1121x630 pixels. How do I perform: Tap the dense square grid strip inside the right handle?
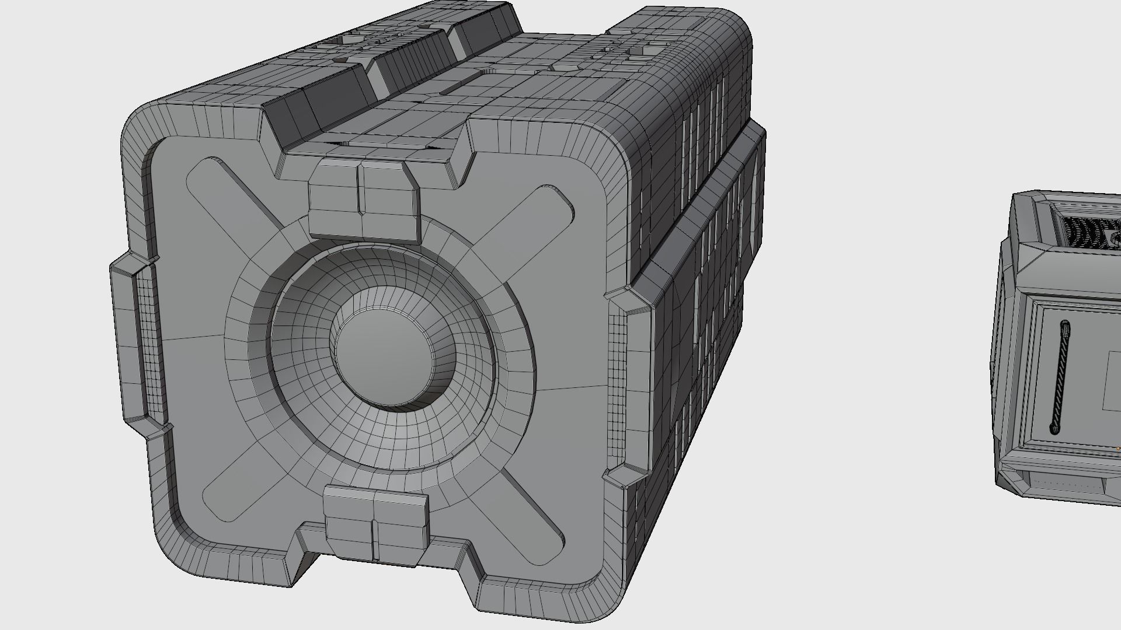[x=618, y=385]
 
